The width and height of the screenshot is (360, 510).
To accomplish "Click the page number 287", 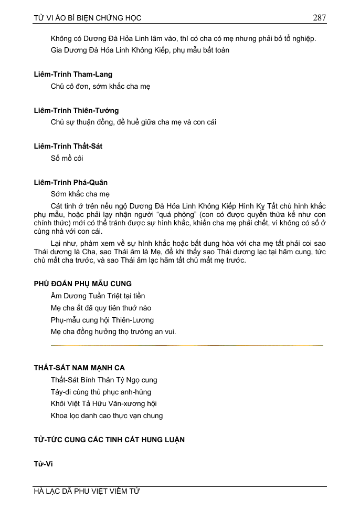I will point(319,18).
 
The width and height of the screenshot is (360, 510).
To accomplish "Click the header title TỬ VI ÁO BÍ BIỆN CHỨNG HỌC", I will point(88,18).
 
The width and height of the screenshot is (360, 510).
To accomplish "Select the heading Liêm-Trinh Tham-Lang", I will point(73,75).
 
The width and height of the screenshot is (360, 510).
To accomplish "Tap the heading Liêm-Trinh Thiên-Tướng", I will point(76,110).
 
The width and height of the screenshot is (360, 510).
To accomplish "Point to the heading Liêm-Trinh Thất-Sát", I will point(68,146).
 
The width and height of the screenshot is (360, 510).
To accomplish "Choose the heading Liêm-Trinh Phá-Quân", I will point(71,182).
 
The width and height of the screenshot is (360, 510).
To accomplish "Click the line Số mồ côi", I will point(67,158).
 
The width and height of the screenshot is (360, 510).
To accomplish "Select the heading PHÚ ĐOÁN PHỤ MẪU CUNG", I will point(83,284).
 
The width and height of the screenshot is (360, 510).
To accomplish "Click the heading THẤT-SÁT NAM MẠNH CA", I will point(79,368).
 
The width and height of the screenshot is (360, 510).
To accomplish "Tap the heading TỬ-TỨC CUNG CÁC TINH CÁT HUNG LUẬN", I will point(109,440).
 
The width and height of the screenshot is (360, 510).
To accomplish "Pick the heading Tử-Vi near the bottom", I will point(44,464).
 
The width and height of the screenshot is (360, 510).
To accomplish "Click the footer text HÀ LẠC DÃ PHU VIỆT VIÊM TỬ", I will point(87,492).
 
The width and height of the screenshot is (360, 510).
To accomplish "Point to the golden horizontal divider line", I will point(187,345).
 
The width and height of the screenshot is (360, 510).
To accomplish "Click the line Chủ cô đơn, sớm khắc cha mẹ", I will point(101,86).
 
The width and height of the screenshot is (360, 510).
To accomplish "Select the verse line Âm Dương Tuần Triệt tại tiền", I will point(98,296).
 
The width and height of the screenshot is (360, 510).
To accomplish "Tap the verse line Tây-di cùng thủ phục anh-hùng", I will point(101,392).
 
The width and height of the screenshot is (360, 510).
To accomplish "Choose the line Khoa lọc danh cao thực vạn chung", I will point(107,415).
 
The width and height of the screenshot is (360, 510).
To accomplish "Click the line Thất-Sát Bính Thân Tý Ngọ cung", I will point(104,380).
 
